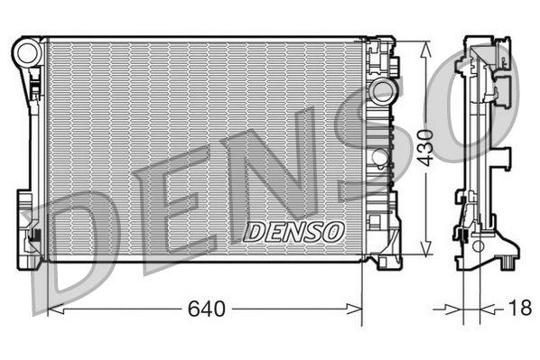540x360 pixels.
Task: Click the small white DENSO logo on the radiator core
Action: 295,232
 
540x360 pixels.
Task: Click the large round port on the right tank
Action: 384,92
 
